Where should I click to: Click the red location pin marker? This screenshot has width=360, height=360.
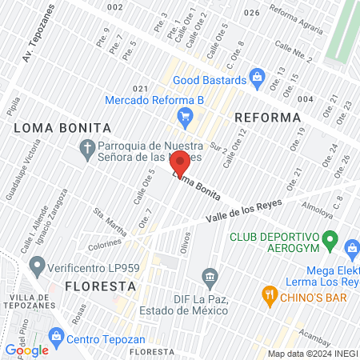click(180, 164)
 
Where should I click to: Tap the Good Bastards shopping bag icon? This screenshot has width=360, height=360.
click(257, 78)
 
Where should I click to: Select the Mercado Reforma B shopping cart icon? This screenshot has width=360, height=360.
click(185, 117)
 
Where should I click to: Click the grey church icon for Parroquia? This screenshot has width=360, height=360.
click(88, 146)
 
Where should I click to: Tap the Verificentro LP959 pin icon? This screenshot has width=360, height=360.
click(36, 265)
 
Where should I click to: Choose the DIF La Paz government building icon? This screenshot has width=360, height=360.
click(210, 278)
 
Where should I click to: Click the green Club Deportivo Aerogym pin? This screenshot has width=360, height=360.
click(330, 239)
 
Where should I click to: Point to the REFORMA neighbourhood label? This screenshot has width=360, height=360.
click(266, 118)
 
